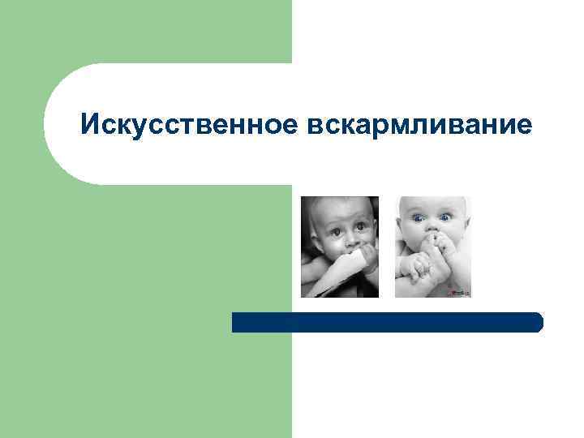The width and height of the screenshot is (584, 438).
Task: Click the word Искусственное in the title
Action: pyautogui.click(x=191, y=125)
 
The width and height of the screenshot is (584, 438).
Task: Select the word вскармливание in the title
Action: pyautogui.click(x=421, y=126)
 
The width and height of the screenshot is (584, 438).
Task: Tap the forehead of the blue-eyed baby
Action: pyautogui.click(x=430, y=205)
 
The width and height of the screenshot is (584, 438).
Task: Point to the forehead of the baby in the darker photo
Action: pyautogui.click(x=344, y=213)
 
